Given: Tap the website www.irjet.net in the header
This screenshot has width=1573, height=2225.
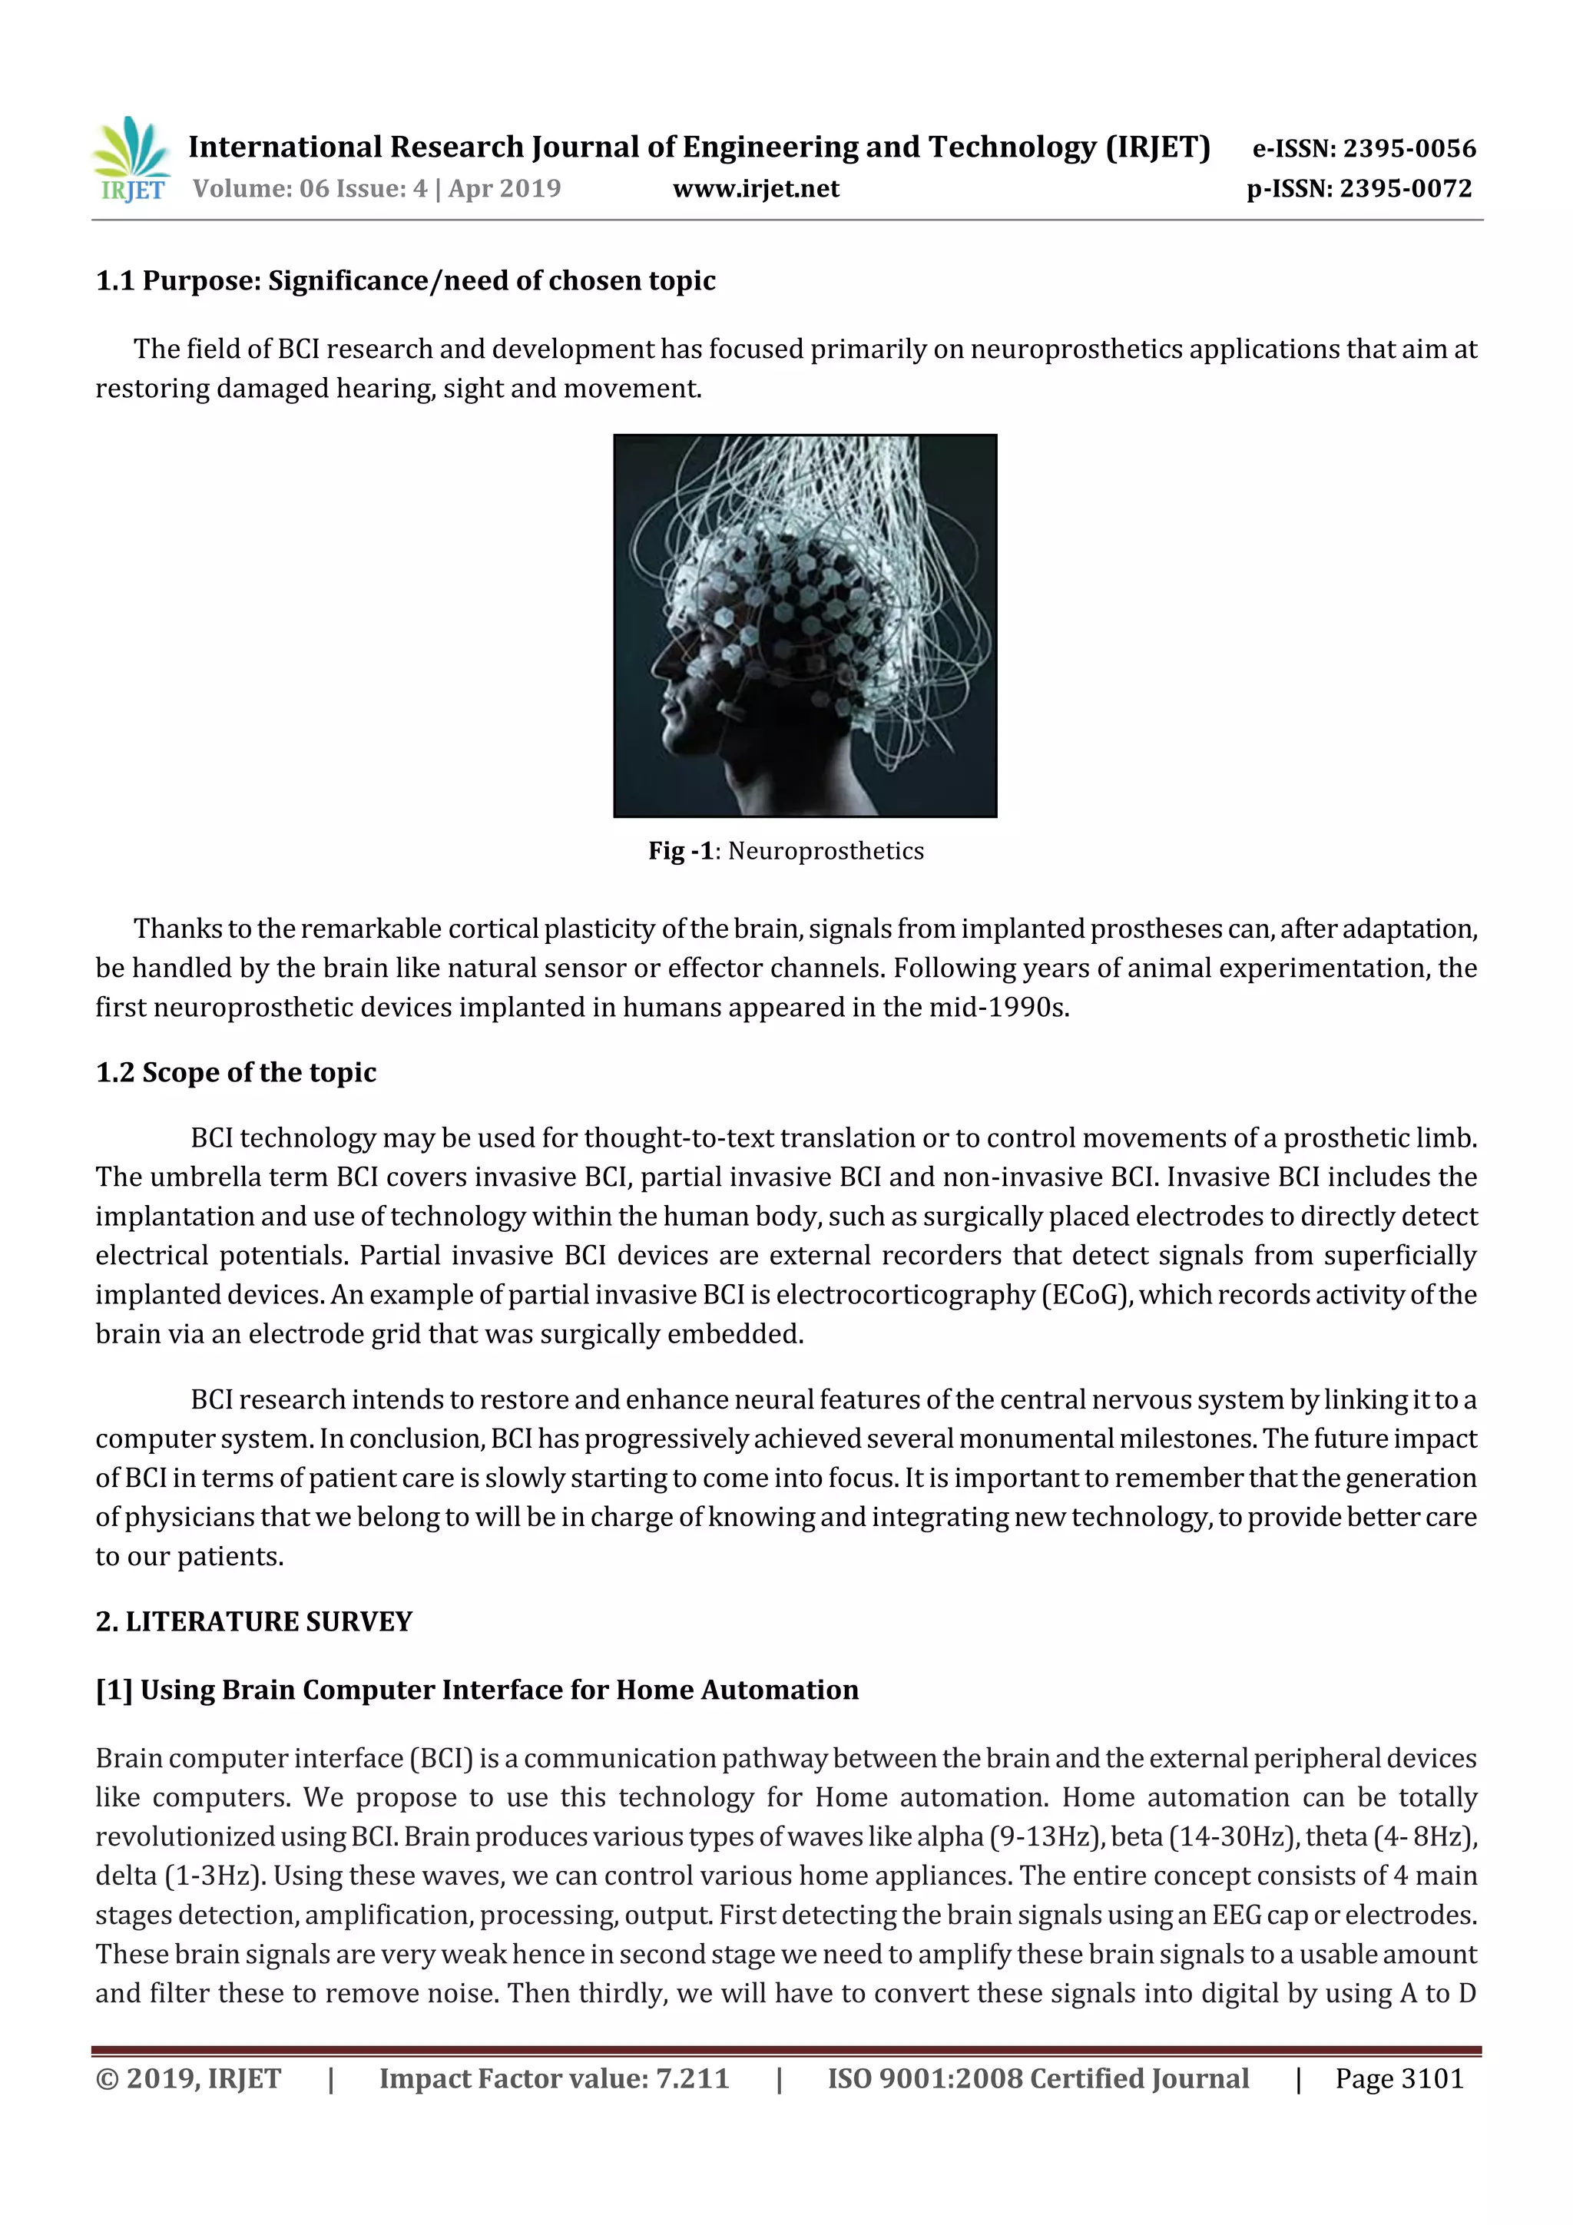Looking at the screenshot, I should coord(756,188).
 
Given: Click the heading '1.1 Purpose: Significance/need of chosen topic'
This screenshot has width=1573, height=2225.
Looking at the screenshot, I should coord(405,281).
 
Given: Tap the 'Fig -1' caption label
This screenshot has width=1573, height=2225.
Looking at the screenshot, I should coord(681,851).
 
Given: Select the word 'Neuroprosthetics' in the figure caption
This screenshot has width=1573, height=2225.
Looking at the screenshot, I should coord(826,851).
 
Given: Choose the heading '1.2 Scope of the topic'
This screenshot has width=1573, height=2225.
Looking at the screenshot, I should coord(236,1073).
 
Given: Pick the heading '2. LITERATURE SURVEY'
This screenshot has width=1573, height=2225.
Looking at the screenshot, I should coord(254,1622).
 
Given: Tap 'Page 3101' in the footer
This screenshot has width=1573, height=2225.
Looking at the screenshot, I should coord(1399,2078).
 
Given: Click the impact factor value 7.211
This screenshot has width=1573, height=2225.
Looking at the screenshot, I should coord(692,2078).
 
